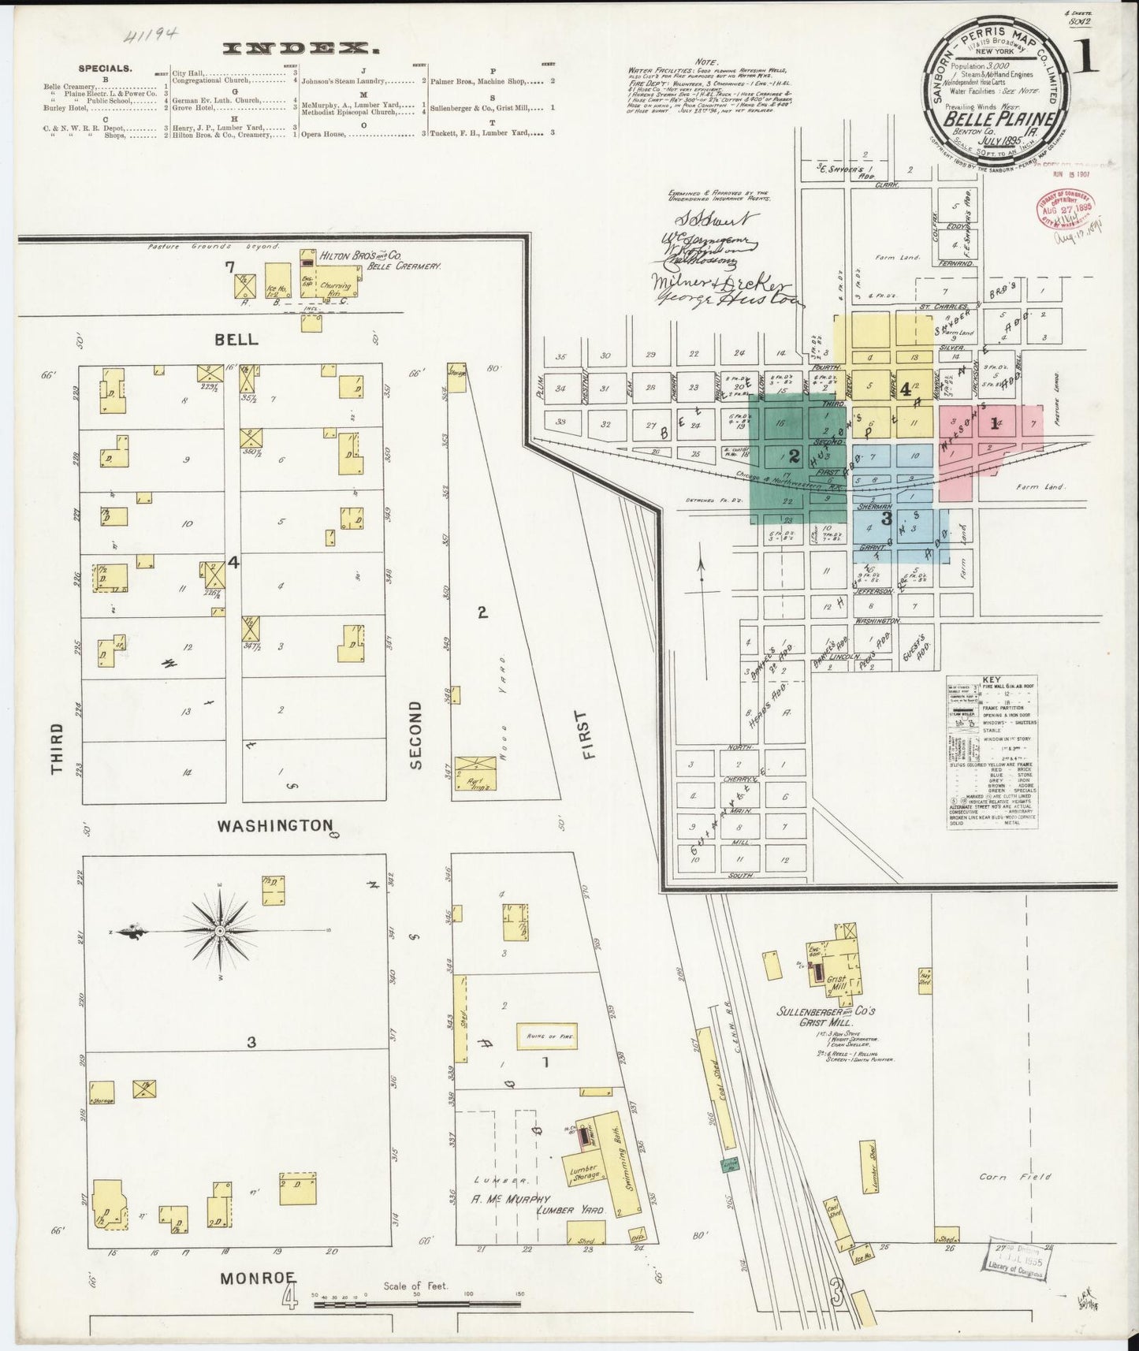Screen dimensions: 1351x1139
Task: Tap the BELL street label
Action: pos(236,339)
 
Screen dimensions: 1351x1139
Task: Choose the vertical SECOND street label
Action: pos(415,734)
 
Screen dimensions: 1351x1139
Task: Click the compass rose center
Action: pos(221,931)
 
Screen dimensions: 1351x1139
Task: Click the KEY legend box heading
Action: pos(990,680)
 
